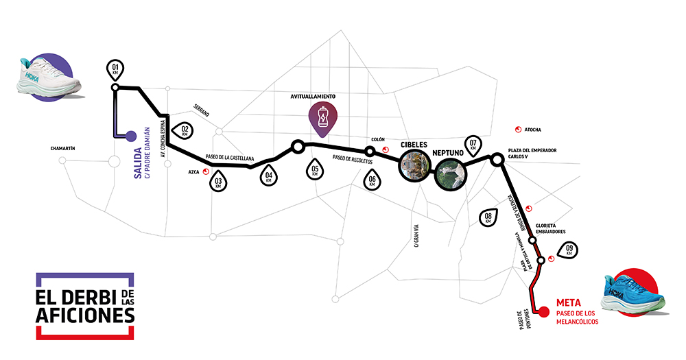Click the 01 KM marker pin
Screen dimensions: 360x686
tap(115, 69)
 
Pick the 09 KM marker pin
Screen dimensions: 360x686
tap(568, 250)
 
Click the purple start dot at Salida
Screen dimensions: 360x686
tap(131, 136)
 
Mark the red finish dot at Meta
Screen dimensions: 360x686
tap(544, 312)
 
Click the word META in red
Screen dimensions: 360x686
tap(569, 302)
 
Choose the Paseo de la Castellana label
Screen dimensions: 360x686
tap(230, 158)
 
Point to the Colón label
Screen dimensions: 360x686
tap(377, 139)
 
